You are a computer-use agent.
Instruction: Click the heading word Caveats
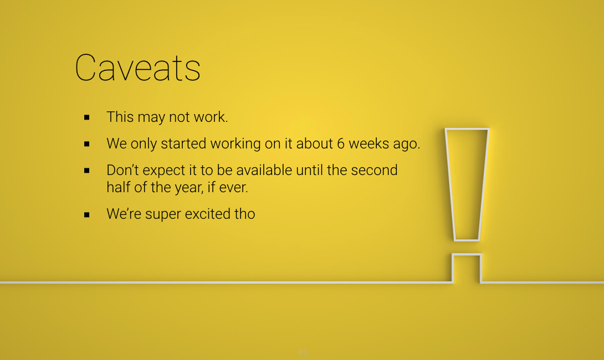[x=137, y=68]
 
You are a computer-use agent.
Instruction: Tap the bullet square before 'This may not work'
[x=86, y=117]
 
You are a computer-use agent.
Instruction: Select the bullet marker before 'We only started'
[x=86, y=144]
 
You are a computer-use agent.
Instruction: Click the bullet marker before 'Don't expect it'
[x=86, y=171]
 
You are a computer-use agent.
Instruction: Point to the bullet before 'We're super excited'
[x=86, y=215]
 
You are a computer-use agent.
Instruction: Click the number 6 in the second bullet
[x=341, y=143]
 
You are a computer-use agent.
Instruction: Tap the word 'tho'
[x=244, y=214]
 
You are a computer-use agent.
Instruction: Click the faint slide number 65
[x=303, y=352]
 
